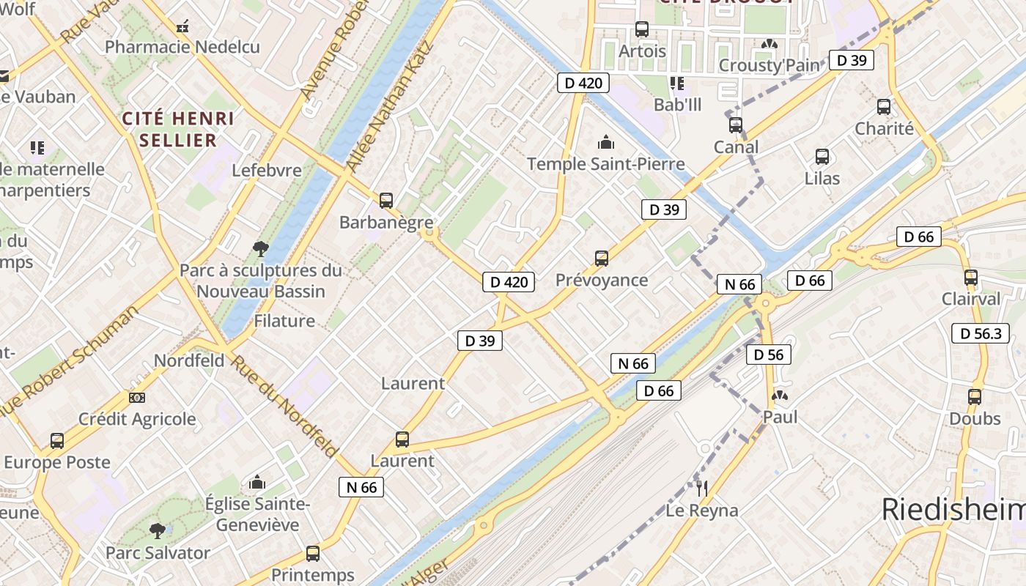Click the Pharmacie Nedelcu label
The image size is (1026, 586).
[x=182, y=47]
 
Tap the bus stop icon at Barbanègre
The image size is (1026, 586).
[x=386, y=200]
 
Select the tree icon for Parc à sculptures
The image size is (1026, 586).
[x=260, y=249]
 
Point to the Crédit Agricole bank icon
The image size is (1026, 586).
[x=137, y=398]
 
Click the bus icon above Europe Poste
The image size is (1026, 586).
[x=57, y=441]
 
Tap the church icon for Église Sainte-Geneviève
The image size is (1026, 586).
[x=257, y=483]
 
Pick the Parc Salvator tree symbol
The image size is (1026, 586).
[x=158, y=531]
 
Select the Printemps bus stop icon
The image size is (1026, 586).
[x=313, y=554]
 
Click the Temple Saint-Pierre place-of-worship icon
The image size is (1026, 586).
[x=606, y=142]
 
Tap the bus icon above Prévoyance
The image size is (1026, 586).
[x=602, y=259]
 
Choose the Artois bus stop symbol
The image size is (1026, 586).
[x=642, y=29]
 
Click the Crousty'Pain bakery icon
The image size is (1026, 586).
[x=769, y=45]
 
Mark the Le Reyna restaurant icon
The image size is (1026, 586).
[x=702, y=488]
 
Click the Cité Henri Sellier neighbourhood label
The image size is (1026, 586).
[x=178, y=129]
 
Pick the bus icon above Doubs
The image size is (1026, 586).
[x=975, y=397]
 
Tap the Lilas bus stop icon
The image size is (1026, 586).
[x=822, y=157]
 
